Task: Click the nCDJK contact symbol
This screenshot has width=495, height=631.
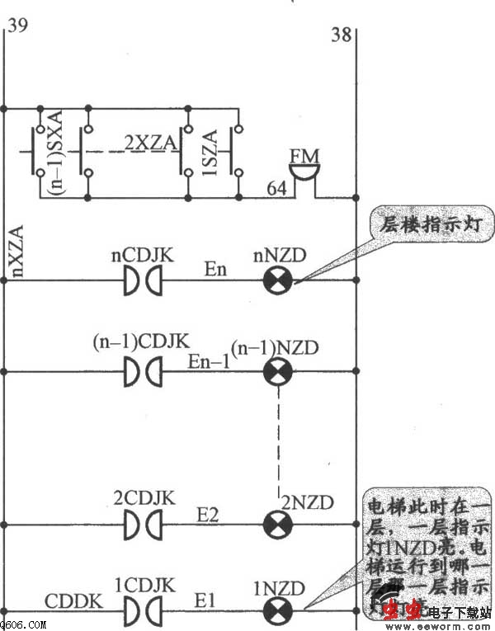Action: [142, 281]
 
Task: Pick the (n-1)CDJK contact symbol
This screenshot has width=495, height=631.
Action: [142, 373]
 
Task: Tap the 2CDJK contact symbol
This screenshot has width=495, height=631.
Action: [142, 524]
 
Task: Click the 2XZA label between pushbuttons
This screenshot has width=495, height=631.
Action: [151, 143]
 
